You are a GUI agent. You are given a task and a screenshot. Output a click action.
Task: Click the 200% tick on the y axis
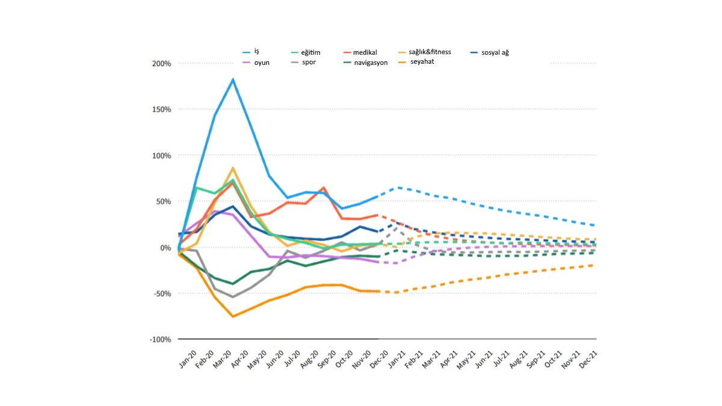pos(161,63)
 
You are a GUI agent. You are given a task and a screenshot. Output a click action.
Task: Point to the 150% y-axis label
pos(161,109)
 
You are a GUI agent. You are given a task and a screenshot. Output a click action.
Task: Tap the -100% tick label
pos(160,340)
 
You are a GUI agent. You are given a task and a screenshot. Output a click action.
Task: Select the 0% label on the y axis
pos(165,248)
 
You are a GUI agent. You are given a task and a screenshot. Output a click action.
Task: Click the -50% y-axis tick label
pos(162,294)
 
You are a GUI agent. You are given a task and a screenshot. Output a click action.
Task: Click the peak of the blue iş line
pos(233,79)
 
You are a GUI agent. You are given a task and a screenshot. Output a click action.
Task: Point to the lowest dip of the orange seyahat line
pos(233,316)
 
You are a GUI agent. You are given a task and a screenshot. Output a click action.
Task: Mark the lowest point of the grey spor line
pos(233,297)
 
